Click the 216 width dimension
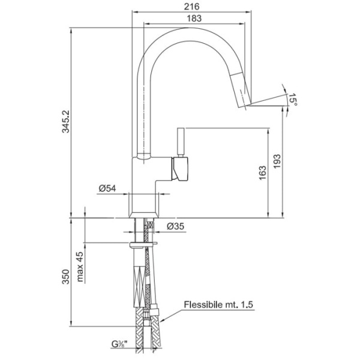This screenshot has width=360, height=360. (192, 7)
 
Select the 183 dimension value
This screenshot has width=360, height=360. (194, 19)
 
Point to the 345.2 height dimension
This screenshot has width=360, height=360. (67, 121)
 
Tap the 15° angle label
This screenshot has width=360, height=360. (293, 100)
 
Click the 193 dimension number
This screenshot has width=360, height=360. (277, 161)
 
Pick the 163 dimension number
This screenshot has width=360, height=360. (262, 173)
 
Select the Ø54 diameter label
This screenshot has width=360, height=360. (107, 188)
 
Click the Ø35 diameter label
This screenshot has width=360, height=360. (176, 226)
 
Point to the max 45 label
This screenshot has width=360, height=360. (80, 267)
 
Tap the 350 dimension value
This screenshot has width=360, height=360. (66, 277)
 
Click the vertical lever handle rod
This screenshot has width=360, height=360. (181, 142)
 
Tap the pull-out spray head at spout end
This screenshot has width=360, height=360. (241, 89)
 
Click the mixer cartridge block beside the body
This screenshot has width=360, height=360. (180, 169)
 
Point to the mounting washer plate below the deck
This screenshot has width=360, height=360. (143, 245)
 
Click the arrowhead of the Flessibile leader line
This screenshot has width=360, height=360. (161, 320)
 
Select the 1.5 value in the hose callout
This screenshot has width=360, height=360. (247, 304)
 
